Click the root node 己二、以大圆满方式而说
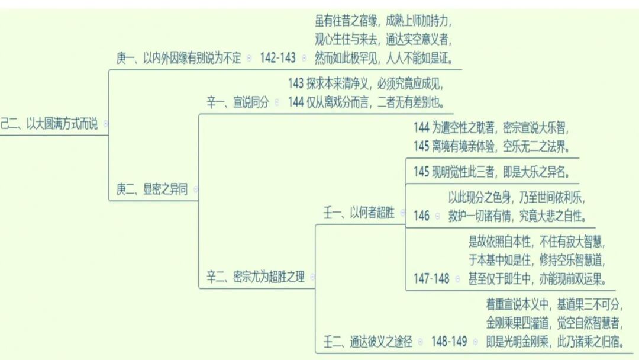[x=50, y=124]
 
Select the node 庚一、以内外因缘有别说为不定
[x=179, y=58]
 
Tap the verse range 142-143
[x=277, y=58]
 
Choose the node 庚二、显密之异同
[x=151, y=189]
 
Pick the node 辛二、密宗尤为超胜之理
[x=255, y=277]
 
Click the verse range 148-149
[x=448, y=342]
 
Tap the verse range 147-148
[x=432, y=278]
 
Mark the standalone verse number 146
[x=422, y=216]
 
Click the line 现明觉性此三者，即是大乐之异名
[x=491, y=172]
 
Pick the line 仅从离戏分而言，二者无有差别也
[x=366, y=102]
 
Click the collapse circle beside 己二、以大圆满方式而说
[x=106, y=124]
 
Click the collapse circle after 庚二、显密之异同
[x=195, y=189]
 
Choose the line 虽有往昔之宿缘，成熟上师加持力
[x=383, y=22]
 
